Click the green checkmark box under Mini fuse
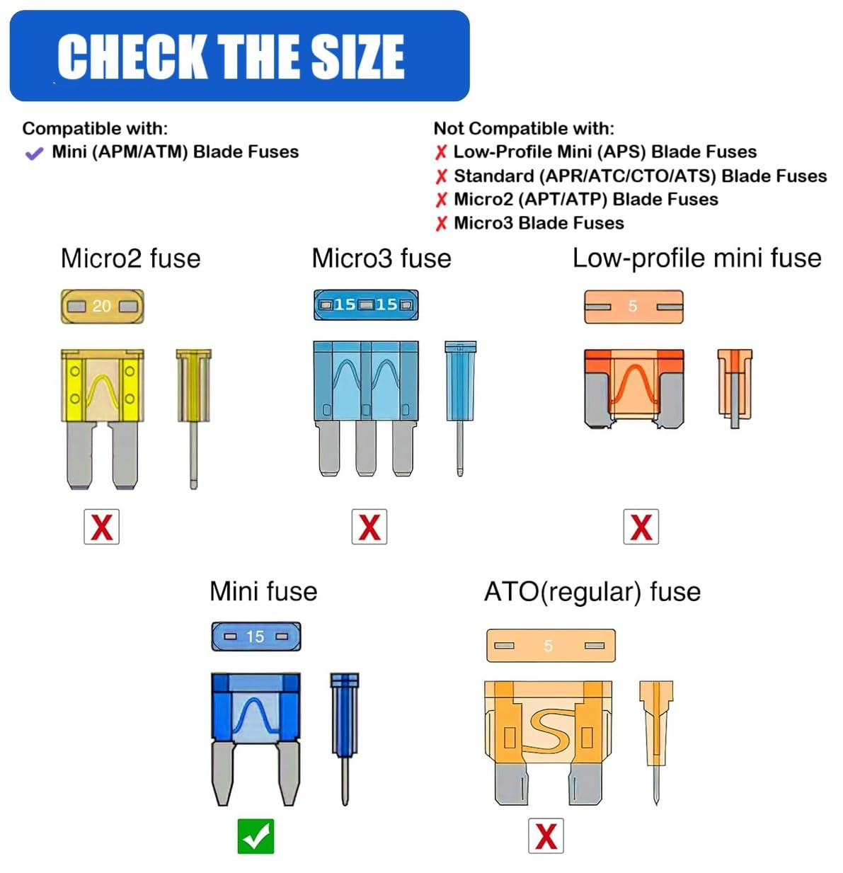click(x=256, y=836)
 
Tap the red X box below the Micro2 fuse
click(x=101, y=527)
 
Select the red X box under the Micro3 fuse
click(x=369, y=527)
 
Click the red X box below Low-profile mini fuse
click(x=641, y=527)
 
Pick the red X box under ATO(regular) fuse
click(x=546, y=836)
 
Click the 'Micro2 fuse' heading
click(x=130, y=258)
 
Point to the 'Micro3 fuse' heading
click(x=382, y=258)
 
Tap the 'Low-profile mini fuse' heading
click(x=696, y=258)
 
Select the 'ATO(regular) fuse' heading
click(x=592, y=591)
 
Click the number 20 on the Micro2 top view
click(x=102, y=306)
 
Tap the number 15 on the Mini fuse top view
click(x=255, y=637)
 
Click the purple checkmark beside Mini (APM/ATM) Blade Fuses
click(x=34, y=153)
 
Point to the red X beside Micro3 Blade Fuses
click(x=441, y=224)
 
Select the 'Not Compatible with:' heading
click(x=524, y=128)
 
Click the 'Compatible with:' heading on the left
click(x=95, y=128)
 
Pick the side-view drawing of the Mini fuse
click(x=345, y=736)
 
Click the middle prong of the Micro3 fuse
click(x=366, y=448)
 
